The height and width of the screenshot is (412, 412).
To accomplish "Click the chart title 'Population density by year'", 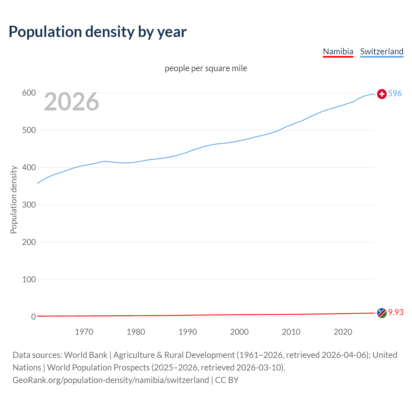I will click(x=98, y=32).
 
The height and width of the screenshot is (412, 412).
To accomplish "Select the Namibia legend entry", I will click(x=338, y=51).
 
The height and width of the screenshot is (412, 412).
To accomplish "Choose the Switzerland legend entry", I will click(x=381, y=51).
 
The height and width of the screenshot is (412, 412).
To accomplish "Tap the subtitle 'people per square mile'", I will click(x=206, y=68).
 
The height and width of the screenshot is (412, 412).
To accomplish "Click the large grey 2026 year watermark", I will click(x=71, y=102).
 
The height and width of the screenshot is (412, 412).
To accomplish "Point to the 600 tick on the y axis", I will click(x=29, y=93).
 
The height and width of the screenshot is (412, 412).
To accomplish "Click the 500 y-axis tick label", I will click(x=29, y=130).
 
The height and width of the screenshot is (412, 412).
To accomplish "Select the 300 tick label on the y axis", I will click(x=29, y=205).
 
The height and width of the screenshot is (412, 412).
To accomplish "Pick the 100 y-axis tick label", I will click(x=29, y=280).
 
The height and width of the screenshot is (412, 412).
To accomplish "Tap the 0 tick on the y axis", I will click(x=33, y=317).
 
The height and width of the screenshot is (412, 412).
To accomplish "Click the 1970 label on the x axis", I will click(x=84, y=332).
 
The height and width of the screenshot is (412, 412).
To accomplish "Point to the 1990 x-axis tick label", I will click(x=188, y=332).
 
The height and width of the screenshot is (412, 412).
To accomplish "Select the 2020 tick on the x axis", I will click(x=343, y=332).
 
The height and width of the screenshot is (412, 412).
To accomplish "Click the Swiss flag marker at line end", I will click(x=382, y=94).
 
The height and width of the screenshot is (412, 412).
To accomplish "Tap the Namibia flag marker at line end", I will click(x=382, y=313).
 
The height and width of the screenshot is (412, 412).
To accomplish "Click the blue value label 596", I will click(x=395, y=94).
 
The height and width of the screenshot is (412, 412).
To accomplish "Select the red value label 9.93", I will click(x=396, y=313).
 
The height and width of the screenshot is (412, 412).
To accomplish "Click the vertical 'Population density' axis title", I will click(x=14, y=200).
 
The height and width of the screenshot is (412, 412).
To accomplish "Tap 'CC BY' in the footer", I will click(x=227, y=380).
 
